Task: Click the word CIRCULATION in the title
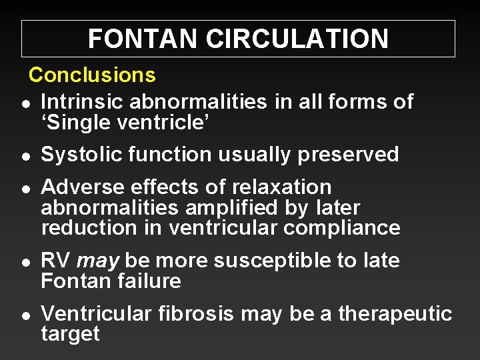[297, 39]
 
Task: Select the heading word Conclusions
[92, 75]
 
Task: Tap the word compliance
[342, 227]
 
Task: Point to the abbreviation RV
[56, 260]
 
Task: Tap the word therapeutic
[395, 313]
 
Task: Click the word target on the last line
[70, 333]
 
